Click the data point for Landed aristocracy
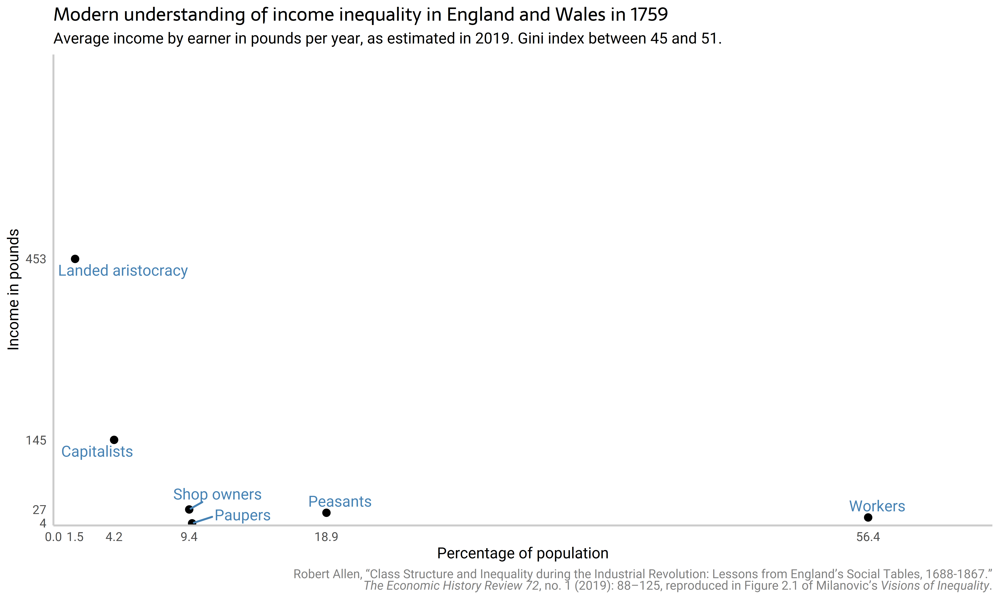pyautogui.click(x=75, y=259)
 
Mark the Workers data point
pyautogui.click(x=868, y=517)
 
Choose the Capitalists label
pyautogui.click(x=97, y=452)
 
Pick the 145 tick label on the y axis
pyautogui.click(x=36, y=440)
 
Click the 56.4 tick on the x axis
pyautogui.click(x=868, y=537)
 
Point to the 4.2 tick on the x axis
pyautogui.click(x=114, y=537)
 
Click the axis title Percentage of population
pyautogui.click(x=523, y=553)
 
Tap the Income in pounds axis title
pyautogui.click(x=13, y=289)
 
